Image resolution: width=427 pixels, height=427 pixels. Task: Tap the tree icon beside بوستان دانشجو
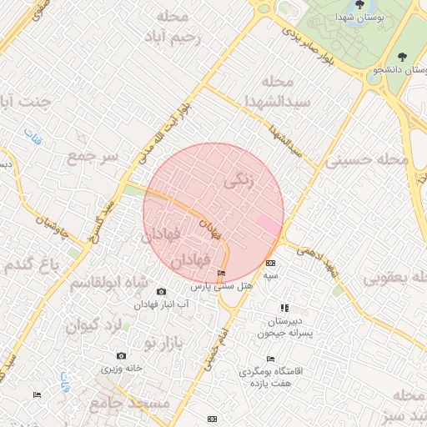(403, 57)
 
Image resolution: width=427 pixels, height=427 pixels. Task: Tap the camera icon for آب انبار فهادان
(161, 292)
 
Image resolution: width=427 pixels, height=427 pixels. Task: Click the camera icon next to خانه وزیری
(122, 356)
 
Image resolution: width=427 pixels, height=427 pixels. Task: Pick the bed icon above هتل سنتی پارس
(221, 274)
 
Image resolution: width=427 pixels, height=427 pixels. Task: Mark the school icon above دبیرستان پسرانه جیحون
(284, 308)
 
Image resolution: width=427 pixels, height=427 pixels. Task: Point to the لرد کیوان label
(94, 324)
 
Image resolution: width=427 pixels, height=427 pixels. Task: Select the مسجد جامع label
(139, 404)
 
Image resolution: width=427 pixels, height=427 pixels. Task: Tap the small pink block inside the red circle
(269, 224)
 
